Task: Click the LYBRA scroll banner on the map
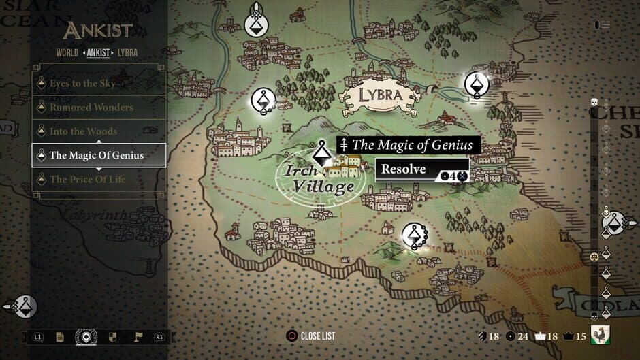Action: (380, 95)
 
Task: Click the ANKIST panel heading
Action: (99, 31)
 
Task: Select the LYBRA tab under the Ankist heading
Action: (127, 52)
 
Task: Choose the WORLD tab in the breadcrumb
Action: (67, 52)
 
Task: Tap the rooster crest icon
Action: (600, 335)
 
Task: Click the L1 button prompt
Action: (38, 336)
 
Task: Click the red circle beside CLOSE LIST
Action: (292, 336)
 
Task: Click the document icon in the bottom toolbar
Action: (61, 336)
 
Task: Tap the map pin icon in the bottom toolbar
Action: (86, 336)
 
